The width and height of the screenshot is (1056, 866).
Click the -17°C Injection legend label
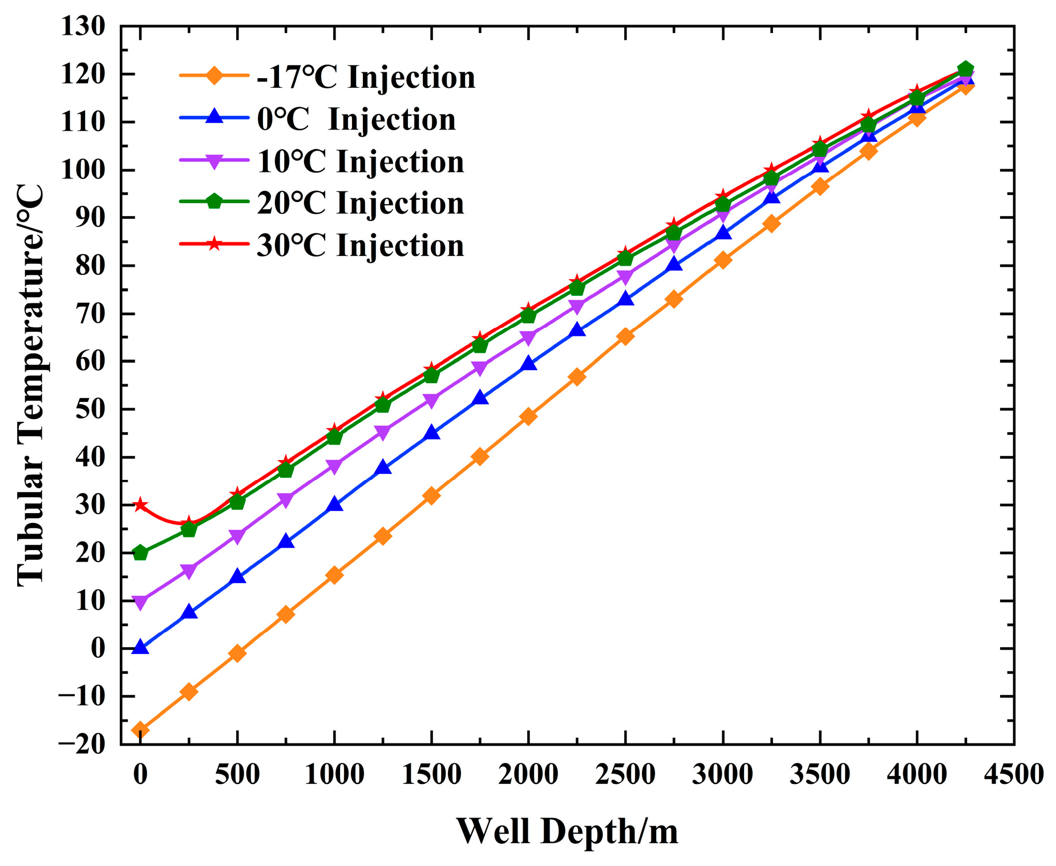coord(366,77)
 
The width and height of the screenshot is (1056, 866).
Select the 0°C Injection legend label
coord(356,119)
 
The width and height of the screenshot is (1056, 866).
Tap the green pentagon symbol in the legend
coord(214,202)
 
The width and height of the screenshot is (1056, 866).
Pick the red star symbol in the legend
coord(214,244)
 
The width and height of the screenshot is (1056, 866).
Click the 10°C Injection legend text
coord(360,161)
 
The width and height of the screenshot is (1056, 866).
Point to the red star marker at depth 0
coord(140,505)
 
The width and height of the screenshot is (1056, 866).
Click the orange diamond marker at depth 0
coord(140,730)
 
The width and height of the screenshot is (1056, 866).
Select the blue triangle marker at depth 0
coord(140,648)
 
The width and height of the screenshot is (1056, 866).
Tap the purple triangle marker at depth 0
coord(140,602)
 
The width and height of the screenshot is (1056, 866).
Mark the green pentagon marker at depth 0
coord(140,553)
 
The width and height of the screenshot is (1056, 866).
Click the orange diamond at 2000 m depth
coord(528,416)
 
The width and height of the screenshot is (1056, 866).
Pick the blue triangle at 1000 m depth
coord(335,505)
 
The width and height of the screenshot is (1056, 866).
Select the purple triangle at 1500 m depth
coord(432,401)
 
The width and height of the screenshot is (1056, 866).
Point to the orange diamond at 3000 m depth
coord(723,260)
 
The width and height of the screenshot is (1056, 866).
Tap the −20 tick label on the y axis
coord(82,744)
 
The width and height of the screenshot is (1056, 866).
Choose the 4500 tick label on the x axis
coord(1014,775)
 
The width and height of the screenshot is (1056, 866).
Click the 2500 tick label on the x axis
coord(626,775)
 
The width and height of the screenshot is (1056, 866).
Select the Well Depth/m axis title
coord(567,831)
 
